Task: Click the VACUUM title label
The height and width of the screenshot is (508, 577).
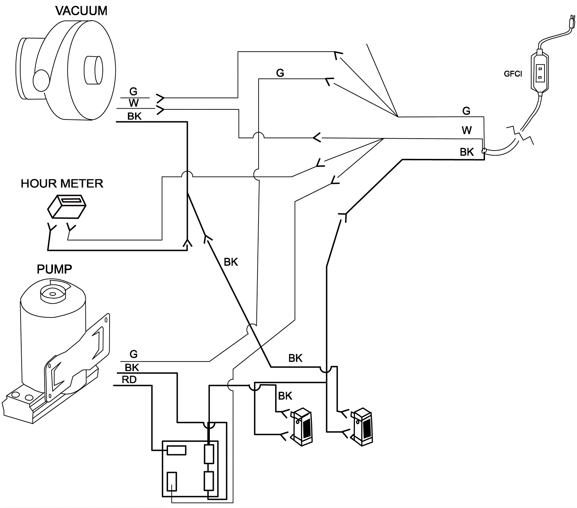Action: [x=81, y=11]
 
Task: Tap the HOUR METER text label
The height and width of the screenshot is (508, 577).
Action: [x=62, y=183]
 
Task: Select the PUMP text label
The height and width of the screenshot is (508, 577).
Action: [x=54, y=269]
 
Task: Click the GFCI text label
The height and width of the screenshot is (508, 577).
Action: [x=513, y=74]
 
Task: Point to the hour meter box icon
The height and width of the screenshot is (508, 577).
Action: [x=67, y=207]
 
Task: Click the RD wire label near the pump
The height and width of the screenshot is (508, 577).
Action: [x=129, y=380]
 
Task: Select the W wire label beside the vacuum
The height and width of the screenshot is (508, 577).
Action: [x=133, y=103]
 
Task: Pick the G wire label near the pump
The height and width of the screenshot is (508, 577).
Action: [x=133, y=354]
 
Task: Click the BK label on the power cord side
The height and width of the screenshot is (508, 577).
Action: [x=467, y=152]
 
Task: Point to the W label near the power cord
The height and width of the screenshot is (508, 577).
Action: [x=467, y=130]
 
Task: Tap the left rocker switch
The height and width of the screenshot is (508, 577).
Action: [x=302, y=427]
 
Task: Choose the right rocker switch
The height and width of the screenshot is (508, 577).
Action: [x=362, y=427]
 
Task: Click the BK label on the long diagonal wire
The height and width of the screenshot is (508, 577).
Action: [x=231, y=262]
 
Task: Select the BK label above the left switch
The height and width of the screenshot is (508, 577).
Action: [x=285, y=396]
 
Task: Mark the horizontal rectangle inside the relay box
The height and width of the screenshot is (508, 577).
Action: [x=177, y=450]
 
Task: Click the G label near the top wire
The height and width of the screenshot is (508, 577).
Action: [x=280, y=73]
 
